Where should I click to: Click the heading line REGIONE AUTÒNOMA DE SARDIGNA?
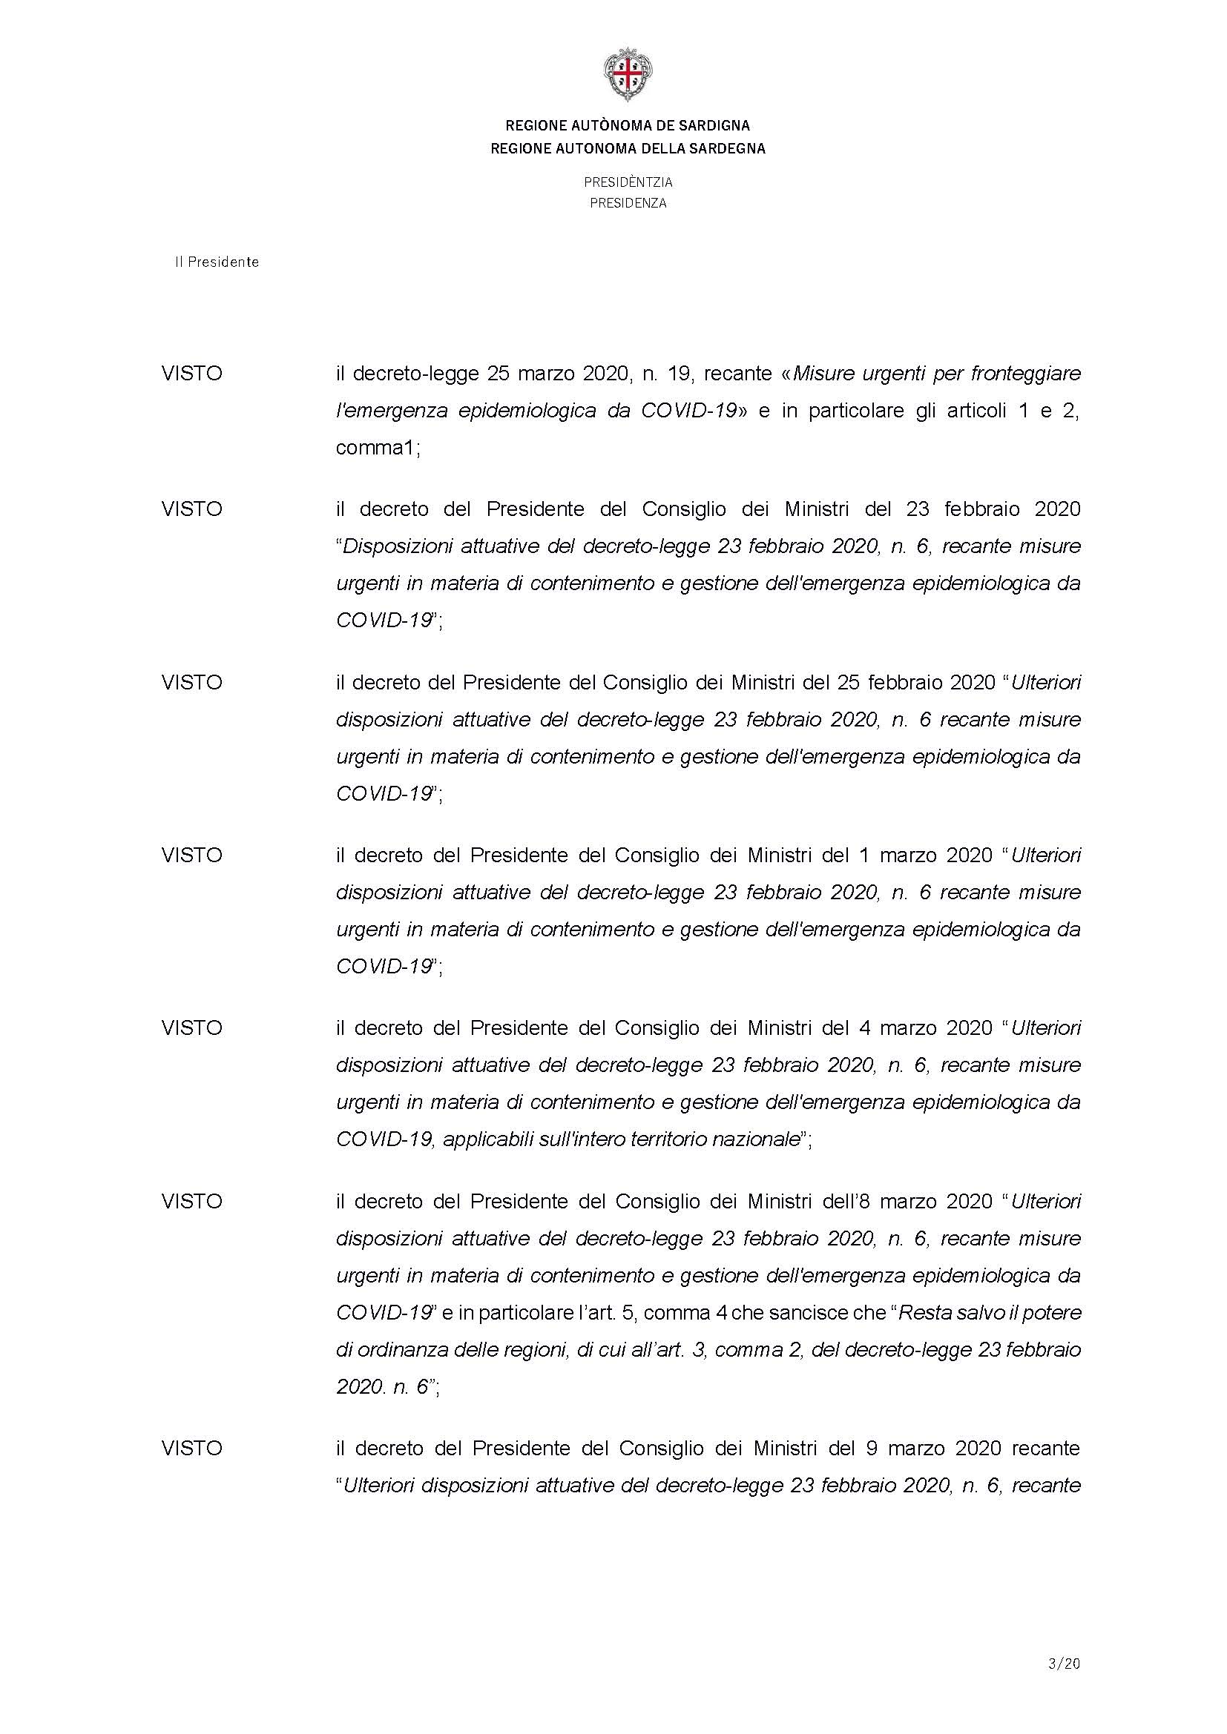coord(627,125)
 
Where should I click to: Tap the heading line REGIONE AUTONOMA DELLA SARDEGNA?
coord(627,149)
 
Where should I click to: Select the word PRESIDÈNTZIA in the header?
coord(627,182)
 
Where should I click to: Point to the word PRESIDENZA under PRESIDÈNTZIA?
coord(627,203)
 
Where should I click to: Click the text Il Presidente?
coord(217,262)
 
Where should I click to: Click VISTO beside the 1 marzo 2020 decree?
coord(192,855)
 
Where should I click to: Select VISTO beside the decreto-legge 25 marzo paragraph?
coord(192,374)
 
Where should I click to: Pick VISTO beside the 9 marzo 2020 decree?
coord(192,1448)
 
